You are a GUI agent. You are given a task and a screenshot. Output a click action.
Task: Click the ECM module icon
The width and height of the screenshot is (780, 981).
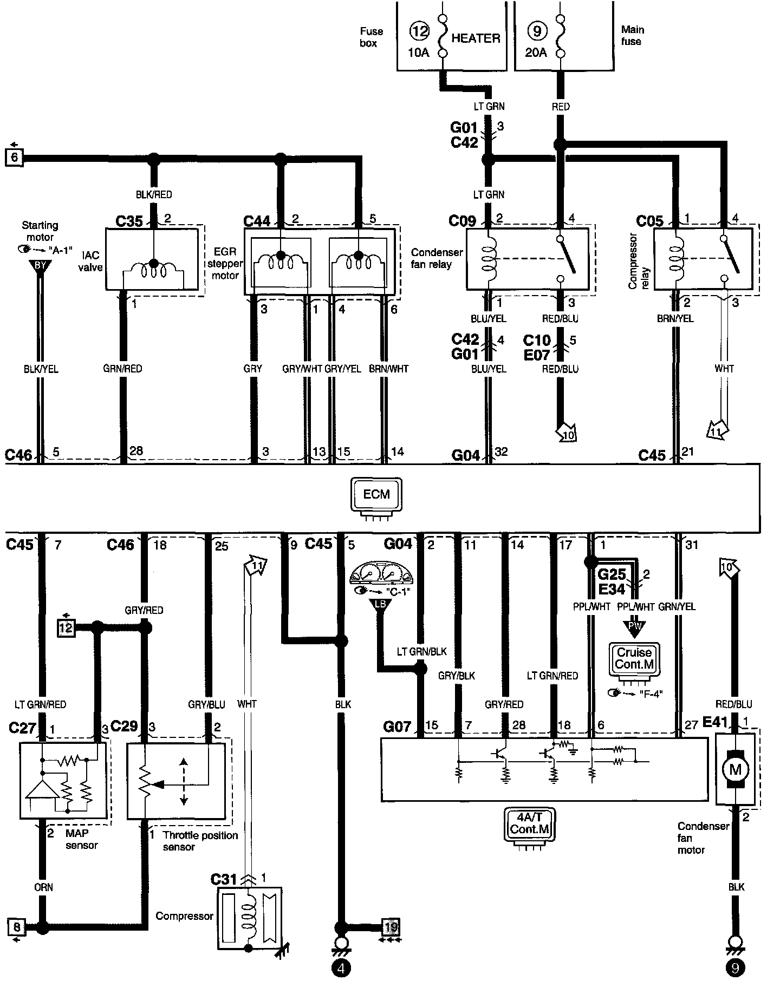[x=376, y=494]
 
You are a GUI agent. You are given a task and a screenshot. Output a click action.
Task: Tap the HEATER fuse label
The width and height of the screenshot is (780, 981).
[x=476, y=38]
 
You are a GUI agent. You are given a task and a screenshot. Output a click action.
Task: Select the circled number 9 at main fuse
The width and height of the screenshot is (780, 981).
[x=537, y=31]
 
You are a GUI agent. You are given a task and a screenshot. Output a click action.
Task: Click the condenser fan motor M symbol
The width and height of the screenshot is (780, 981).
[x=735, y=769]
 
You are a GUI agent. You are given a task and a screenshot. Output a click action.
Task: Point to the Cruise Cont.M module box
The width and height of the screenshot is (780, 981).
[x=635, y=659]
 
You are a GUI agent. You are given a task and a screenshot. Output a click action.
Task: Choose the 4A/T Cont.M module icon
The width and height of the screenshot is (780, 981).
[x=530, y=825]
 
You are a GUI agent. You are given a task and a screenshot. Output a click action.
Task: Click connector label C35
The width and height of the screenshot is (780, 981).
[x=129, y=221]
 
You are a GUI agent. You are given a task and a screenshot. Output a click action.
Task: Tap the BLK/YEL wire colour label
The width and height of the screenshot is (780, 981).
[x=41, y=369]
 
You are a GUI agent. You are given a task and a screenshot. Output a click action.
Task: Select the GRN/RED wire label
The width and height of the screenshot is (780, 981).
[x=122, y=369]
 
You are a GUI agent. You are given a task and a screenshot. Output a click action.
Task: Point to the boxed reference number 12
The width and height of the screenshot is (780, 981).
[x=66, y=628]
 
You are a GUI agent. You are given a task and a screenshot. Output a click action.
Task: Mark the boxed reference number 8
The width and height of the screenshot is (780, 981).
[x=17, y=927]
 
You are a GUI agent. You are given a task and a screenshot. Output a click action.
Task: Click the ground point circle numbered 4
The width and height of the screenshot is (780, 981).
[x=341, y=967]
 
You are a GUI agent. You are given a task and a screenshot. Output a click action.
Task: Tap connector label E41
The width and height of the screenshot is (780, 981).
[x=716, y=722]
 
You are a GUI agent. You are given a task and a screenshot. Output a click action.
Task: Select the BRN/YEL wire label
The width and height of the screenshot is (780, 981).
[x=675, y=319]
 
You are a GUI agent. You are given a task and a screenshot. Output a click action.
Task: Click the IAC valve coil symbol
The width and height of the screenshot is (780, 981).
[x=154, y=269]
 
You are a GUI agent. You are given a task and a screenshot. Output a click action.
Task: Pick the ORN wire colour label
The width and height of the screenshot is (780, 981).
[x=44, y=887]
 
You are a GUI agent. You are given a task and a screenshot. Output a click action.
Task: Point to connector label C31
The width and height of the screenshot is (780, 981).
[x=224, y=879]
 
